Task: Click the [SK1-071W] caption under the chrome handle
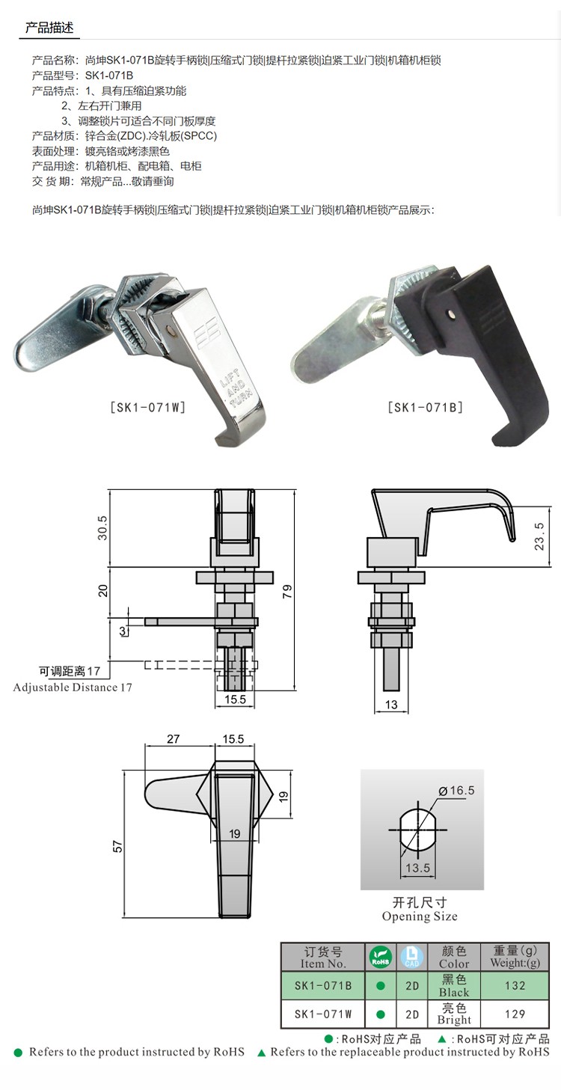click(x=148, y=407)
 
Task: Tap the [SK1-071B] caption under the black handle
click(x=426, y=407)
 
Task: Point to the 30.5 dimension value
click(x=102, y=528)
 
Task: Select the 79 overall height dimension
click(x=287, y=591)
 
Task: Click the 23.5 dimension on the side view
click(x=539, y=536)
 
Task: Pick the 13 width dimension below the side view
click(x=391, y=704)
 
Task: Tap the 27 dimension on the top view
click(x=174, y=738)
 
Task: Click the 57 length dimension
click(x=117, y=846)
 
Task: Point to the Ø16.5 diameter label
click(x=456, y=790)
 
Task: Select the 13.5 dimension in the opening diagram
click(x=417, y=868)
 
